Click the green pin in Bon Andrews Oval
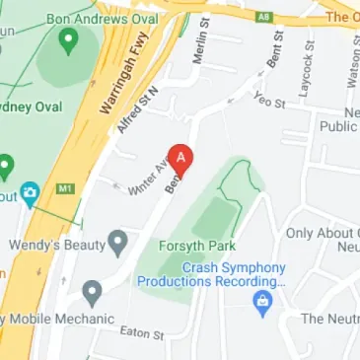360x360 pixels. click(x=69, y=40)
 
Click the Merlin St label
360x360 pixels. click(x=202, y=41)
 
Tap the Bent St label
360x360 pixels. click(x=275, y=49)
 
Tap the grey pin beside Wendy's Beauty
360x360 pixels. click(x=117, y=241)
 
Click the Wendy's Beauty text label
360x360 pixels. click(x=55, y=242)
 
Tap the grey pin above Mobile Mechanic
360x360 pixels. click(x=92, y=292)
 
